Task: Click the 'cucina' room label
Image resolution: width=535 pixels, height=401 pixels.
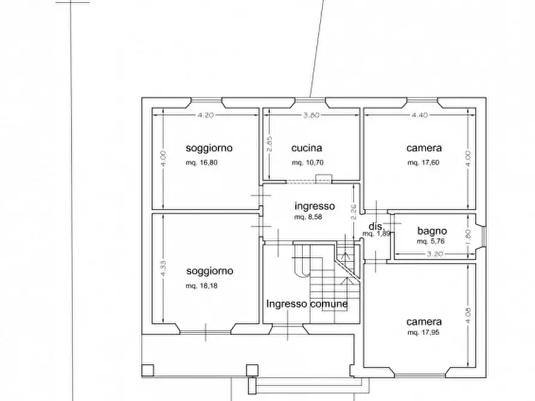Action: (x=307, y=148)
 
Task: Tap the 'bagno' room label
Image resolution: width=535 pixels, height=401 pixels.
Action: (x=432, y=231)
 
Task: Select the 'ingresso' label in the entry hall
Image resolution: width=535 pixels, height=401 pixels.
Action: (x=315, y=206)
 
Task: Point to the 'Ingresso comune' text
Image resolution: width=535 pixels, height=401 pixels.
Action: (x=307, y=304)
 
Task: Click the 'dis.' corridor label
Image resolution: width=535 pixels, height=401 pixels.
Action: (x=376, y=226)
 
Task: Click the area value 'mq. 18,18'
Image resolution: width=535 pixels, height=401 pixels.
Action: (x=201, y=285)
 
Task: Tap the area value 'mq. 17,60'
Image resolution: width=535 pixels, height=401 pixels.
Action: (x=423, y=162)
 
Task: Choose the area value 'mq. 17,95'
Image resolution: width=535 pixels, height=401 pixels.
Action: (x=423, y=332)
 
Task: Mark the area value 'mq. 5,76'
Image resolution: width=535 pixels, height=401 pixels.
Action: (x=431, y=242)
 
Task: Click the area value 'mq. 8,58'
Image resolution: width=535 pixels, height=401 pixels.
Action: (x=308, y=217)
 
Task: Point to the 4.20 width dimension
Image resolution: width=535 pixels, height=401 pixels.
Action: (x=205, y=116)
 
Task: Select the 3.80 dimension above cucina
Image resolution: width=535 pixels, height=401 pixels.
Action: (x=311, y=116)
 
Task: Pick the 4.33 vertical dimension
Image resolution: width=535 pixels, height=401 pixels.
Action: (x=162, y=268)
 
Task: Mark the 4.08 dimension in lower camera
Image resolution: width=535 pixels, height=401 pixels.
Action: (x=468, y=315)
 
